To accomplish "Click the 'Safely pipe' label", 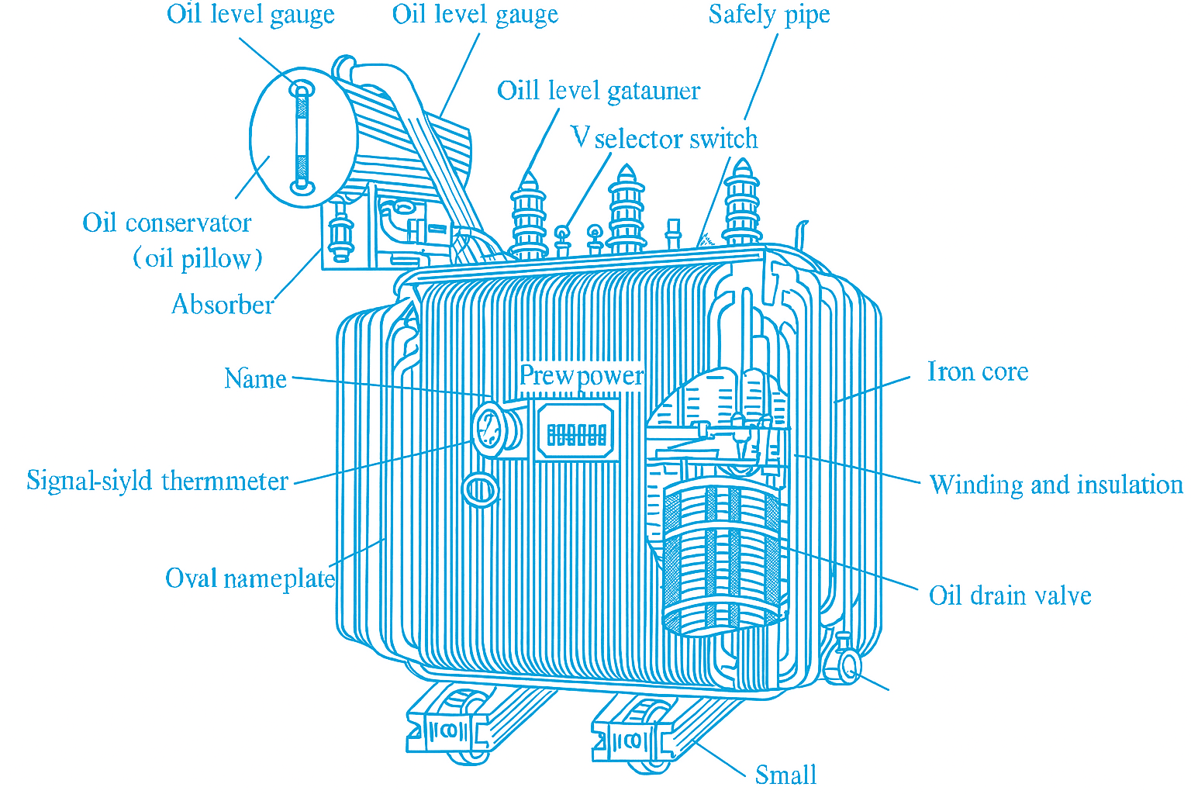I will coord(768,15).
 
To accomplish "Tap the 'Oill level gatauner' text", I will coord(598,91).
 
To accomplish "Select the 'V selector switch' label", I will coord(665,139).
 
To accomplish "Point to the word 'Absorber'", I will coord(223,305).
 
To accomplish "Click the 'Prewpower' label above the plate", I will coord(581,375).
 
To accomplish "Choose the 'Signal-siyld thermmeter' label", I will coord(157,481).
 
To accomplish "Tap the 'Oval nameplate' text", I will coord(250,578).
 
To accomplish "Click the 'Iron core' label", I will coord(977,371).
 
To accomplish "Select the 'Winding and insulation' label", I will coord(1055,485).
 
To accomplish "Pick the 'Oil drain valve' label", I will coord(1010,595).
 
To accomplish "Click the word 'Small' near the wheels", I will coord(785,775).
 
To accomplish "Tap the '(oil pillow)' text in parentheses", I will coord(198,258).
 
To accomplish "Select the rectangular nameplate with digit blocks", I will coord(576,432).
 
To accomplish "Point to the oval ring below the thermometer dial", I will coord(479,490).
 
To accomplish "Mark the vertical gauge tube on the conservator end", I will coord(302,138).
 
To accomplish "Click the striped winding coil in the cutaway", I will coord(721,558).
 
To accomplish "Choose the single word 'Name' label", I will coord(255,379).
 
